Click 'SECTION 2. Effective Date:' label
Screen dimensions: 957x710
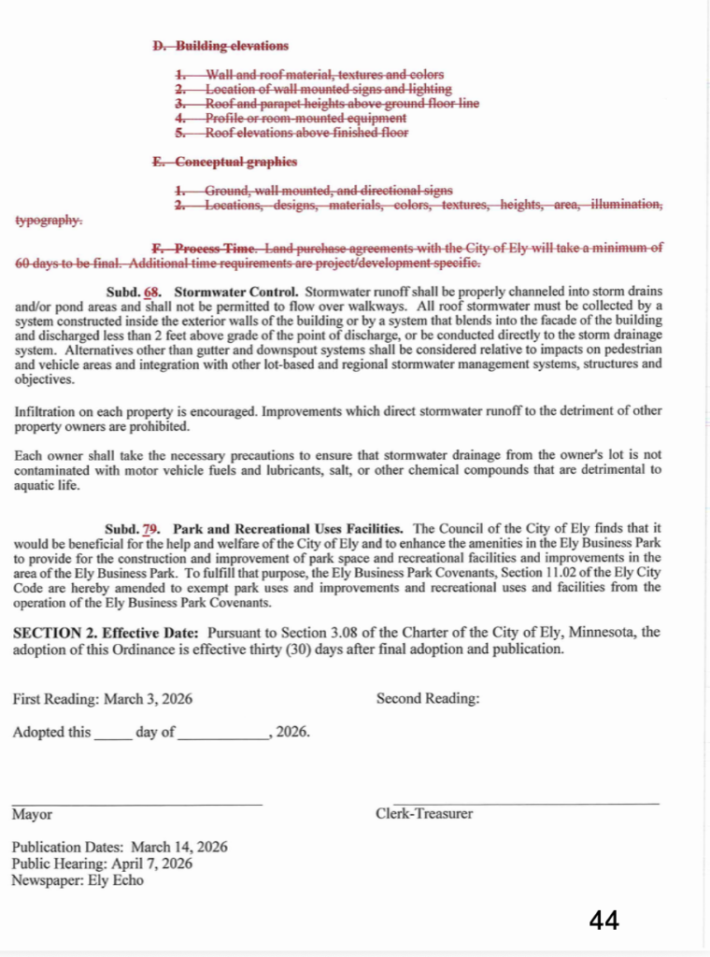107,633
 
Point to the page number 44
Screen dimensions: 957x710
603,921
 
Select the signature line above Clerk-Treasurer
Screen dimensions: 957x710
525,803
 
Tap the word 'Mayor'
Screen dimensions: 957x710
32,814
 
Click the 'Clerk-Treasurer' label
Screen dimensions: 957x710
424,814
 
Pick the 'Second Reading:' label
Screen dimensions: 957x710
428,698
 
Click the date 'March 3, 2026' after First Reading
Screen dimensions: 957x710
149,698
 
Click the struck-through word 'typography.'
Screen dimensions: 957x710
49,221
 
